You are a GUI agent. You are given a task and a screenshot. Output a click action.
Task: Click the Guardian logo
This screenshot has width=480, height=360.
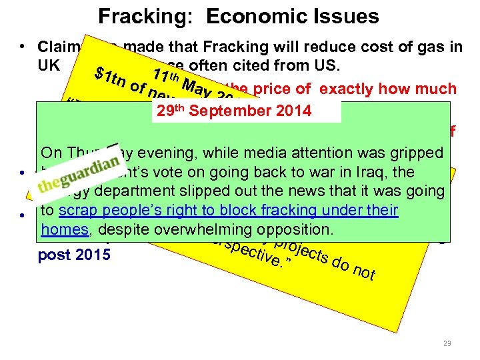(78, 175)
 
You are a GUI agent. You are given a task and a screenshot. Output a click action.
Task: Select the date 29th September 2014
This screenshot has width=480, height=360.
(232, 111)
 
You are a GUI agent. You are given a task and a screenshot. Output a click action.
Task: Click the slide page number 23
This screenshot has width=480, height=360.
(447, 343)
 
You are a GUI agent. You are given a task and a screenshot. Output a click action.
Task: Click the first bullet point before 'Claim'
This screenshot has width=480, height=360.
(23, 47)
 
